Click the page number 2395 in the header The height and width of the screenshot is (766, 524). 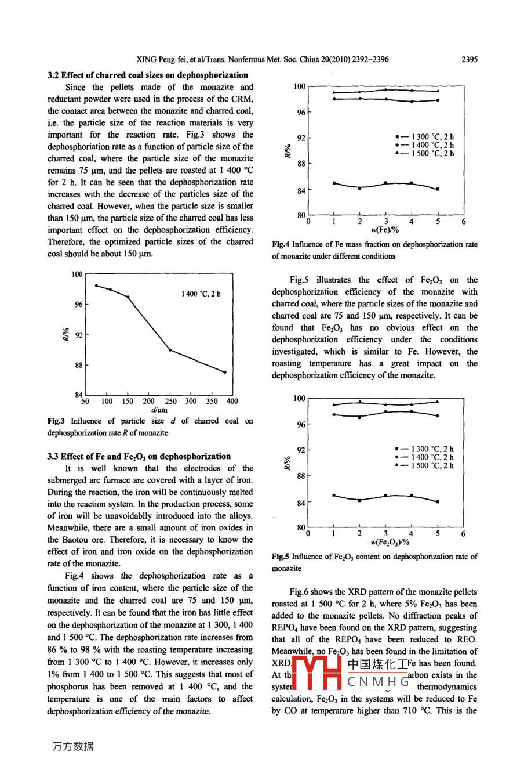tap(469, 59)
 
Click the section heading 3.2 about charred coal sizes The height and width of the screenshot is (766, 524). tap(148, 75)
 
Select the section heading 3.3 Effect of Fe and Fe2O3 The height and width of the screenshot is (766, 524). tap(139, 456)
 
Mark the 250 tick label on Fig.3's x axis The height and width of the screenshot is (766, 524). tap(170, 401)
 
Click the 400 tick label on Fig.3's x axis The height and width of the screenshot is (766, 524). tap(232, 401)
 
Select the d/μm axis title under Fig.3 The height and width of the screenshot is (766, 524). tap(159, 409)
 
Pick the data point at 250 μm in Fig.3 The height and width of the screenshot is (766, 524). tap(170, 350)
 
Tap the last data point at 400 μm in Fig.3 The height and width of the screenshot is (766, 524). tap(225, 372)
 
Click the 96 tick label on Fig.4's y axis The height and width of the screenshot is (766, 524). tap(301, 113)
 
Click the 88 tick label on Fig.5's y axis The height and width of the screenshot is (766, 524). tap(301, 476)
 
